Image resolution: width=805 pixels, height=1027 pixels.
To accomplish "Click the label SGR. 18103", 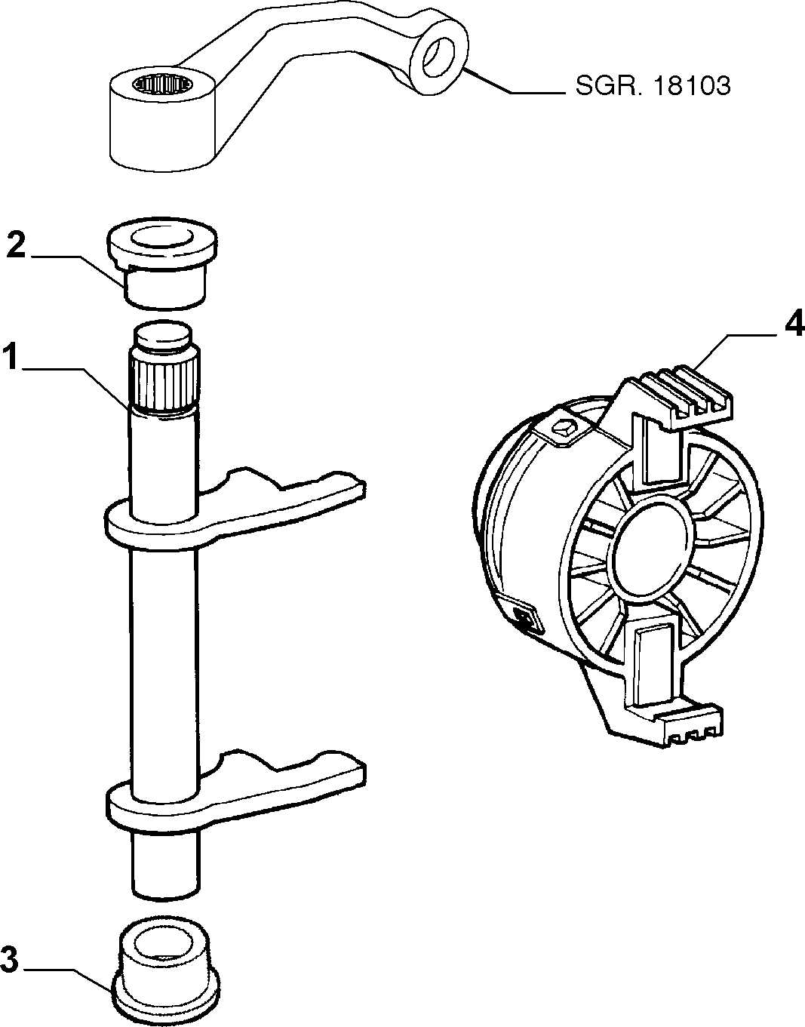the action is click(x=653, y=86).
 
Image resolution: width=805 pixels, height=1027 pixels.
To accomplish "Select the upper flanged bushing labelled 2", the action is click(x=162, y=264).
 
